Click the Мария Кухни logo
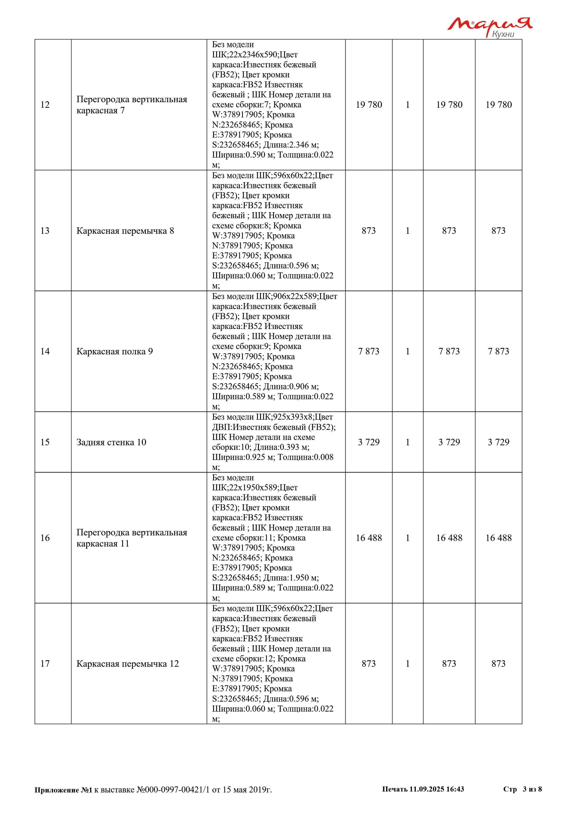tap(490, 27)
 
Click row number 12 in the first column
tap(45, 105)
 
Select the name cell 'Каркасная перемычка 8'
tap(125, 231)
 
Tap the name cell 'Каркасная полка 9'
tap(115, 351)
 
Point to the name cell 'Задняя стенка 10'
tap(111, 442)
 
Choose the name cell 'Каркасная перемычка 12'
tap(128, 664)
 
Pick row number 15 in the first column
tap(45, 442)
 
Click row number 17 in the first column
tap(45, 664)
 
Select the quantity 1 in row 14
tap(408, 351)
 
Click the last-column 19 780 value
tap(498, 105)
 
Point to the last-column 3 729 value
tap(498, 442)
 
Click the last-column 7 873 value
tap(498, 351)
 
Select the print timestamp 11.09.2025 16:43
tap(437, 789)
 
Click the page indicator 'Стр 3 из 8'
tap(522, 789)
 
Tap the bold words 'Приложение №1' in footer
tap(63, 790)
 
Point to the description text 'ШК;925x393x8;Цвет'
tap(294, 417)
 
